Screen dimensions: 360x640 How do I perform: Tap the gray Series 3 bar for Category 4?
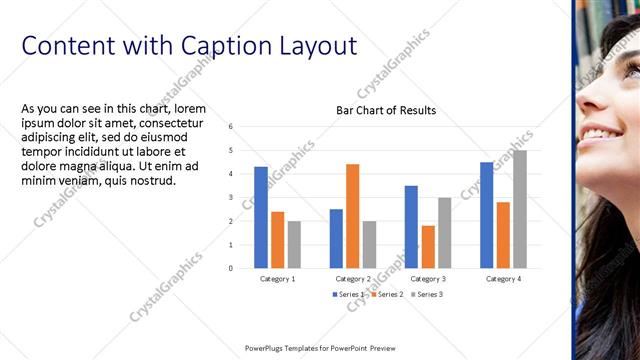[520, 209]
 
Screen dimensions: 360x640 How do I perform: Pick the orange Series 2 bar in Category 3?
[428, 246]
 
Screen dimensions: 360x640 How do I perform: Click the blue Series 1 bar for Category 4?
[486, 215]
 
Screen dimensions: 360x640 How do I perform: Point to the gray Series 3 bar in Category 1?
[294, 244]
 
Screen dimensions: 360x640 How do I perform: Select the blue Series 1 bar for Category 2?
[336, 238]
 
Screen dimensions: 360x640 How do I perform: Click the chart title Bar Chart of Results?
[385, 110]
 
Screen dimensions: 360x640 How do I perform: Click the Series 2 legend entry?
[386, 294]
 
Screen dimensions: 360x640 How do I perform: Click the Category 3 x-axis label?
[428, 278]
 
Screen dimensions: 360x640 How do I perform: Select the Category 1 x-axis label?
[277, 278]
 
